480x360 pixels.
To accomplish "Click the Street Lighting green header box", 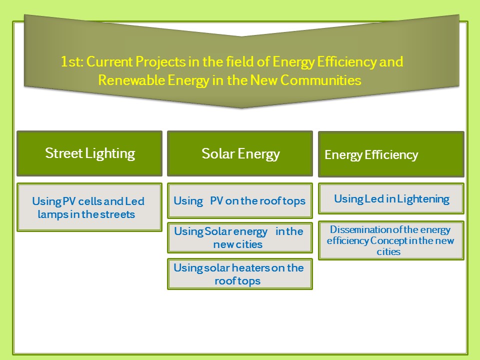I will [89, 153].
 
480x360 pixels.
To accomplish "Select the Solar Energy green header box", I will [240, 153].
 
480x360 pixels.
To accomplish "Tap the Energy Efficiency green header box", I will [391, 154].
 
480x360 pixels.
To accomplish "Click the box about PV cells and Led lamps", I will [89, 207].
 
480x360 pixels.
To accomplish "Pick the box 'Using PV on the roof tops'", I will [240, 200].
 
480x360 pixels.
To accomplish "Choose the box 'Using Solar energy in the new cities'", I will [240, 238].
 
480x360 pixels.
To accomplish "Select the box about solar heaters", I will [240, 274].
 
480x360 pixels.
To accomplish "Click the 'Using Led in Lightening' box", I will [391, 198].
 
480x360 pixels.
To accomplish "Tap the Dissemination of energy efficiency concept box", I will [391, 240].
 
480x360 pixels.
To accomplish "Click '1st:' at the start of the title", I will [71, 62].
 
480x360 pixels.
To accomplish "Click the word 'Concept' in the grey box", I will [387, 240].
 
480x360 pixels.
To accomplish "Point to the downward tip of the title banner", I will [242, 106].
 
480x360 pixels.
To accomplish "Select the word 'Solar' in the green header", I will [218, 153].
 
